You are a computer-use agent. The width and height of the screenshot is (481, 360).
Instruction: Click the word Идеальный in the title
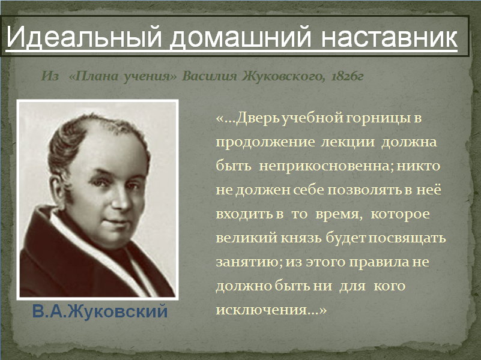83,37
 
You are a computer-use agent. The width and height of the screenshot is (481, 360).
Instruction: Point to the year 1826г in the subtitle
347,76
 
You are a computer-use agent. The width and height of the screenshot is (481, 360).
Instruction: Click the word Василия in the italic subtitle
209,76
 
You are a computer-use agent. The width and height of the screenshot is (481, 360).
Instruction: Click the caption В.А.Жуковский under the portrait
100,311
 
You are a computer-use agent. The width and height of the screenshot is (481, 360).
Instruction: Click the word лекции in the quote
348,142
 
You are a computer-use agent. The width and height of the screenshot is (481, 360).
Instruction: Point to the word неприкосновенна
326,166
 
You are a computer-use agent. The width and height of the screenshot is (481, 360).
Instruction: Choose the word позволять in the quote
365,190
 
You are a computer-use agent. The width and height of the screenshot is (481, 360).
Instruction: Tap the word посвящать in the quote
407,238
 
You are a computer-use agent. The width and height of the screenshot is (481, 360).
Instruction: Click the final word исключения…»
271,310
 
